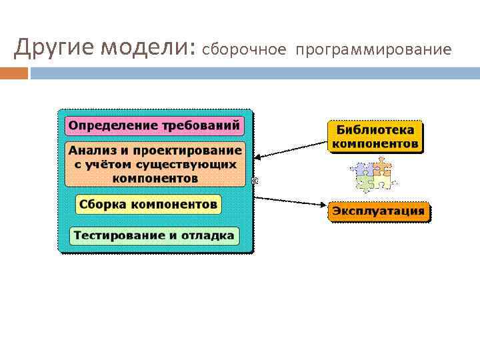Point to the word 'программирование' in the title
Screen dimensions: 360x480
(374, 50)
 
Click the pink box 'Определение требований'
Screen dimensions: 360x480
(154, 125)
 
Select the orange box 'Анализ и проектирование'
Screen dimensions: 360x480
(155, 164)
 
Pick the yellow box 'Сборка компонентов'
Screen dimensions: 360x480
(147, 204)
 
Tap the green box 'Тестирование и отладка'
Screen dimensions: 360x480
(154, 235)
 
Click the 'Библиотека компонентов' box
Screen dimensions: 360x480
(375, 137)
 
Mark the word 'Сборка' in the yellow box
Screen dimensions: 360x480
(102, 204)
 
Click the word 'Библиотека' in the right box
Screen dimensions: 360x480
(375, 130)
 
